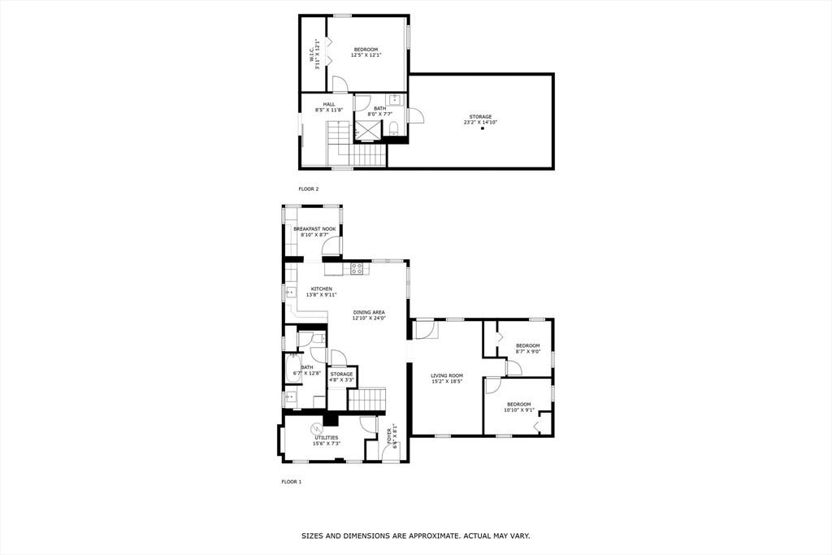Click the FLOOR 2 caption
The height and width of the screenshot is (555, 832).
point(308,189)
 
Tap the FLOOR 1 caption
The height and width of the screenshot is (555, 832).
point(292,482)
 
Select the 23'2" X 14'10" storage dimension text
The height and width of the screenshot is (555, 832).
point(480,123)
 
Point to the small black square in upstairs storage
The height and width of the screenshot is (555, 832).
point(483,128)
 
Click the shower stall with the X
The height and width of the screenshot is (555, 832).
point(368,129)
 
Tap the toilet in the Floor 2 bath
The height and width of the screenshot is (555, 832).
point(394,128)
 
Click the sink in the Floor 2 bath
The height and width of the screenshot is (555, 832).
point(395,99)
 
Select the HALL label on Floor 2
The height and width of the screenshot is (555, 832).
point(329,105)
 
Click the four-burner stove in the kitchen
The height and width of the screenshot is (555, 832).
point(357,268)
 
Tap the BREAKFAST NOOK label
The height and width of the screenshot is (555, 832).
point(314,229)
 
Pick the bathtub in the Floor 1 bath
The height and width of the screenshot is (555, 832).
point(291,368)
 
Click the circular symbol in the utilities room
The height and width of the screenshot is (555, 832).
point(317,428)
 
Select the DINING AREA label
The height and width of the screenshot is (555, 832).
point(369,313)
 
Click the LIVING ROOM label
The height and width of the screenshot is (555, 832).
point(447,375)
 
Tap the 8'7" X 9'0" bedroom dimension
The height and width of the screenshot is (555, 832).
point(528,351)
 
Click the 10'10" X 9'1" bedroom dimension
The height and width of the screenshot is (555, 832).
point(519,410)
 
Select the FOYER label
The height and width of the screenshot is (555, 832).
point(389,435)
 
